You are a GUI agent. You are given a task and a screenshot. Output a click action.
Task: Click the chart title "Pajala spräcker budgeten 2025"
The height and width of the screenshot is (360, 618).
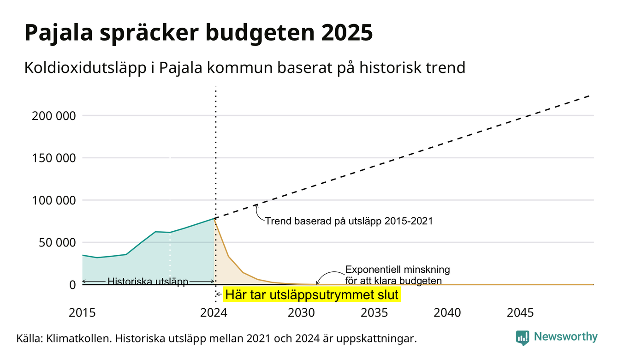click(x=199, y=33)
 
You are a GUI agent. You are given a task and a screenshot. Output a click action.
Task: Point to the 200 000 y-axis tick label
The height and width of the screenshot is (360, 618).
click(x=53, y=116)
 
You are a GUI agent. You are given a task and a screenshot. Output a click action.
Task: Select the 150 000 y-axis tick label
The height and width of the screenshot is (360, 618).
click(x=53, y=158)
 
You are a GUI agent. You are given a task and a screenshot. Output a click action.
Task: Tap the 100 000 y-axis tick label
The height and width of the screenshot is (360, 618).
click(x=53, y=200)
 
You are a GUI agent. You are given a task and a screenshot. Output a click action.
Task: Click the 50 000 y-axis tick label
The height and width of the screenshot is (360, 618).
click(x=57, y=243)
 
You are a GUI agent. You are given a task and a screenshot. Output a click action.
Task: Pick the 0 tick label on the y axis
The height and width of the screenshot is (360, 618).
click(x=72, y=285)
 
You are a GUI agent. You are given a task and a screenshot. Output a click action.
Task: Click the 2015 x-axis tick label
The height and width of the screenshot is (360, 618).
click(x=82, y=313)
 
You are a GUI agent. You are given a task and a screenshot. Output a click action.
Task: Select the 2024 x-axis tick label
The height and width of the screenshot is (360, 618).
click(x=214, y=313)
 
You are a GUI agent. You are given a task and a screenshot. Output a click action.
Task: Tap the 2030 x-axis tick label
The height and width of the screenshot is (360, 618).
click(x=301, y=313)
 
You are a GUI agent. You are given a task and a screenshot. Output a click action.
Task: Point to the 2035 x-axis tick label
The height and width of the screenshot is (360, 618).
click(x=374, y=313)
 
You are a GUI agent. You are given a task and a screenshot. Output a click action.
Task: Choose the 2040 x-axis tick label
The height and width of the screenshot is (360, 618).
click(x=447, y=313)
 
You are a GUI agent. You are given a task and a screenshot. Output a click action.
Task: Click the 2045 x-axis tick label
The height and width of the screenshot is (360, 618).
click(x=520, y=313)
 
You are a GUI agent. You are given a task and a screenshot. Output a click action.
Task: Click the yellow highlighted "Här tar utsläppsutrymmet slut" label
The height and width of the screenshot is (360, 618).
click(x=312, y=294)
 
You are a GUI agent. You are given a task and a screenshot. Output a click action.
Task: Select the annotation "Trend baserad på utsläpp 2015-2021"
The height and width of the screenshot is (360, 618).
click(x=349, y=221)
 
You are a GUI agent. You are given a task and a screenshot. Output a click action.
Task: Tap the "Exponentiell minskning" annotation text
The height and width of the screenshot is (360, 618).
click(x=398, y=270)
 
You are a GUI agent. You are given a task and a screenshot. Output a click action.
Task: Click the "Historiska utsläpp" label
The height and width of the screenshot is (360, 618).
click(x=148, y=282)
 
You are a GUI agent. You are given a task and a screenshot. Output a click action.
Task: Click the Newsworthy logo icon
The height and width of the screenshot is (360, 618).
click(x=523, y=338)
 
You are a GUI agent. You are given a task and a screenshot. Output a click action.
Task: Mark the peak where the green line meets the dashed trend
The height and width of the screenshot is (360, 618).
click(x=214, y=218)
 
